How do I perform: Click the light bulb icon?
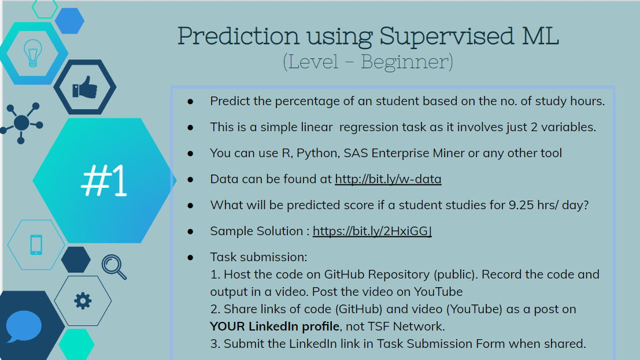[32, 53]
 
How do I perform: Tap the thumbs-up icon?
[85, 87]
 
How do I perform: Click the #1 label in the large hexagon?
[104, 180]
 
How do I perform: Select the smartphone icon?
[36, 245]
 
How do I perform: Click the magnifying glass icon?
[114, 267]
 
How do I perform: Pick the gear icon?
[83, 301]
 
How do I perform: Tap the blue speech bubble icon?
[24, 326]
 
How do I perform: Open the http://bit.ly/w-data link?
[388, 179]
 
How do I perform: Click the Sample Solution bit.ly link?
[372, 231]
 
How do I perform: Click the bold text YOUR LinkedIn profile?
[275, 326]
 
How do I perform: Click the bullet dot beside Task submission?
[190, 258]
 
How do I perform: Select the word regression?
[369, 128]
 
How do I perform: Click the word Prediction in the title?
[238, 35]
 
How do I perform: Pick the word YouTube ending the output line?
[438, 292]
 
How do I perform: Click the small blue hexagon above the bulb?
[69, 21]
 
